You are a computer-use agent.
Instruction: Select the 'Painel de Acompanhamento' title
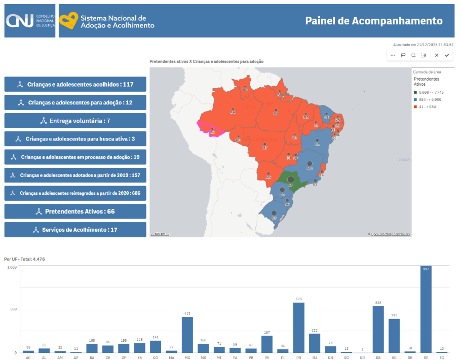pyautogui.click(x=374, y=21)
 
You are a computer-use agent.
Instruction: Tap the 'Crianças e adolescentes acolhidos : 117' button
pyautogui.click(x=75, y=84)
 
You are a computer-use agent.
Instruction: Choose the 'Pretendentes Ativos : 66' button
pyautogui.click(x=75, y=211)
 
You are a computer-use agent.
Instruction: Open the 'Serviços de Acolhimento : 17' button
pyautogui.click(x=75, y=230)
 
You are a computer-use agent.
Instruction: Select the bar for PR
pyautogui.click(x=299, y=328)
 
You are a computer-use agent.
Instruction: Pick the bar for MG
pyautogui.click(x=187, y=335)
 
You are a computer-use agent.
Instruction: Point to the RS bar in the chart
pyautogui.click(x=378, y=329)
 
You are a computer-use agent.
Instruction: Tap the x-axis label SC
pyautogui.click(x=394, y=357)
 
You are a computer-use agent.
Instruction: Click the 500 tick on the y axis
pyautogui.click(x=13, y=309)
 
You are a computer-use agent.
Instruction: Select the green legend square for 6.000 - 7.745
pyautogui.click(x=415, y=92)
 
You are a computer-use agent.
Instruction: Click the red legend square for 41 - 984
pyautogui.click(x=415, y=107)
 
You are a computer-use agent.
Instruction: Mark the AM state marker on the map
pyautogui.click(x=233, y=110)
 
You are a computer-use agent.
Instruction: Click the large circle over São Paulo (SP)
pyautogui.click(x=291, y=179)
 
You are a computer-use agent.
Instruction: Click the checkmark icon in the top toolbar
pyautogui.click(x=447, y=55)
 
